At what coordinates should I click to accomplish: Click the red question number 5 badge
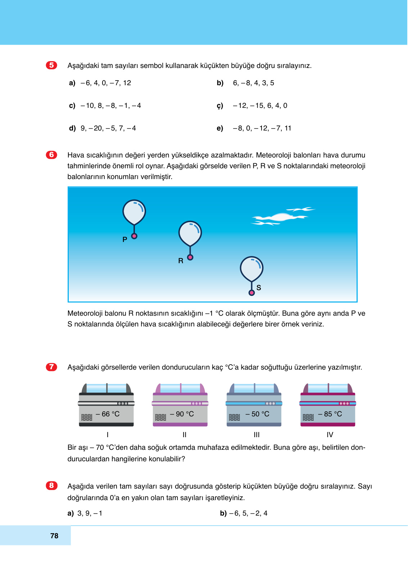(51, 65)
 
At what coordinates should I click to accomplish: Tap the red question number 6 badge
(51, 155)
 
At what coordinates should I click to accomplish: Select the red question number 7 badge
(51, 367)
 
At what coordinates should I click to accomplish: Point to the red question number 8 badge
(51, 485)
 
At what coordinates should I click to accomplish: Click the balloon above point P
(134, 212)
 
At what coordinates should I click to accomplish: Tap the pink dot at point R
(190, 257)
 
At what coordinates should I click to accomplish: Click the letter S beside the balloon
(259, 288)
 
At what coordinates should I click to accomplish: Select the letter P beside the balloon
(125, 239)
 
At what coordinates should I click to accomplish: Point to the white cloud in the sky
(281, 217)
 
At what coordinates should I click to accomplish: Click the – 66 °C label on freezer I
(108, 414)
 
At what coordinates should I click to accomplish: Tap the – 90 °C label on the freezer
(182, 414)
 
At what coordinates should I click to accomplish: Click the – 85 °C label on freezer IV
(330, 414)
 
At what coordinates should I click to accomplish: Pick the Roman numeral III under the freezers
(257, 435)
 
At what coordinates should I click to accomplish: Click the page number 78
(54, 536)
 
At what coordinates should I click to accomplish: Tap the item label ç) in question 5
(220, 106)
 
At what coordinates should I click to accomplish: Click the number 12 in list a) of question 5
(127, 83)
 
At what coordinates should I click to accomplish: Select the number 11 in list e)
(288, 128)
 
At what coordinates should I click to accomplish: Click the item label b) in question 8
(223, 513)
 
